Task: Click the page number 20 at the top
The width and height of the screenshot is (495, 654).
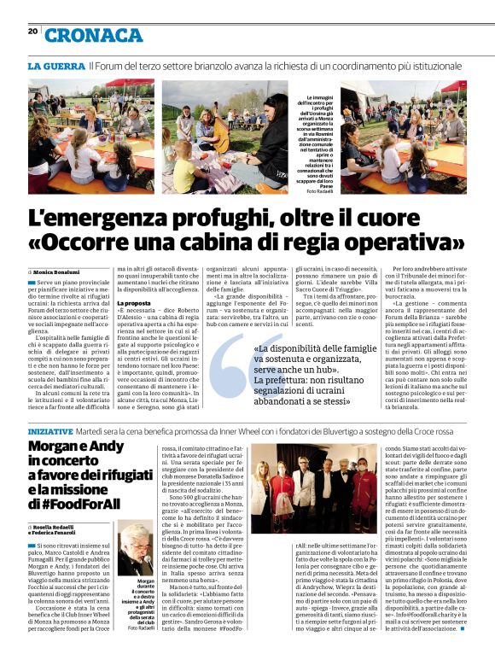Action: (x=32, y=32)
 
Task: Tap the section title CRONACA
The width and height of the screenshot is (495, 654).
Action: (x=94, y=34)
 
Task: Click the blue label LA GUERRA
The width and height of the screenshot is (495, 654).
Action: (x=56, y=66)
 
